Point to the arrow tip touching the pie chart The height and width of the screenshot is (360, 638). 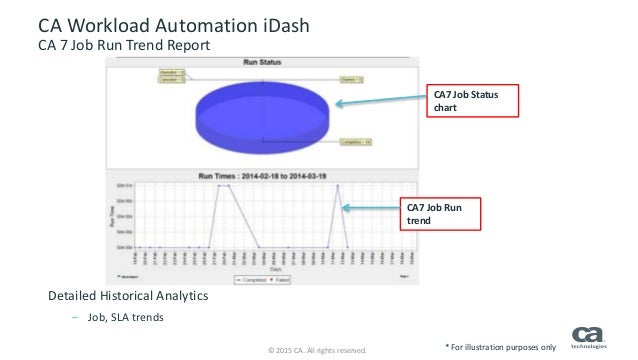click(x=336, y=103)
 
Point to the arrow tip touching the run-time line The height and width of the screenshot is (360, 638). click(x=344, y=208)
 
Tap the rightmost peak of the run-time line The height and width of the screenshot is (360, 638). click(x=338, y=185)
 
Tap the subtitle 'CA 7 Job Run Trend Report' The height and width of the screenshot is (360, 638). click(x=124, y=45)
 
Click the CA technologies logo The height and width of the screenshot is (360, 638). click(x=591, y=337)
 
